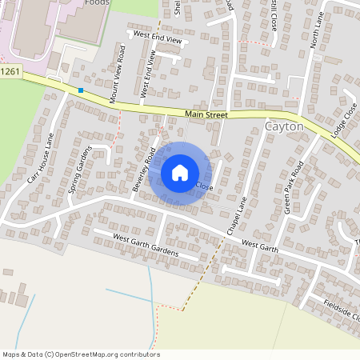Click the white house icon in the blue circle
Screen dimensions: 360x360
click(180, 173)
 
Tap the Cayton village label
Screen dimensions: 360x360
click(284, 126)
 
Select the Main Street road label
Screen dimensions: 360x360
click(206, 115)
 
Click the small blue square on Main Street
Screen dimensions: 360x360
click(81, 90)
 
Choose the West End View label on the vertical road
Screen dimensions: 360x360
click(148, 74)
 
